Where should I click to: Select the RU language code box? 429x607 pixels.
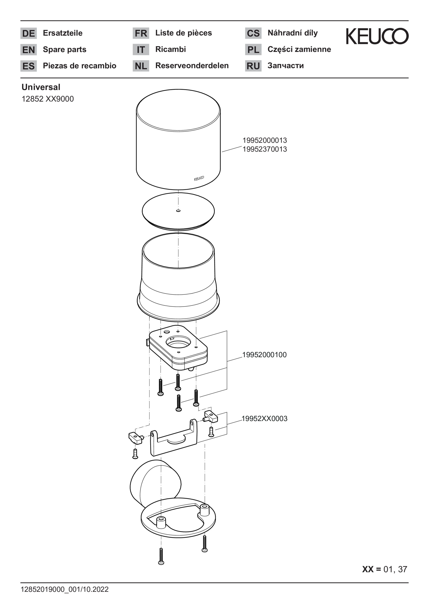click(x=253, y=66)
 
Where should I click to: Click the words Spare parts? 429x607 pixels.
click(x=65, y=49)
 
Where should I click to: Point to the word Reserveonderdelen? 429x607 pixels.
click(x=192, y=66)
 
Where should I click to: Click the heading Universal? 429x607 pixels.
click(x=41, y=87)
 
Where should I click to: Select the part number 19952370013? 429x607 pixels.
click(x=265, y=149)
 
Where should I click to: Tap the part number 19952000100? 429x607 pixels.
click(x=264, y=355)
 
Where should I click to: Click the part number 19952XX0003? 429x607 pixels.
click(x=264, y=419)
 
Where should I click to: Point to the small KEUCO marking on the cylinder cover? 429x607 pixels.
click(x=199, y=179)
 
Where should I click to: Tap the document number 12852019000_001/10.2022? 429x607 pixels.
click(x=65, y=589)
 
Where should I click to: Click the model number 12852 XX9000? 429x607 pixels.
click(x=48, y=99)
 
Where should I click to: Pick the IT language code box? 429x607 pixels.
click(x=141, y=49)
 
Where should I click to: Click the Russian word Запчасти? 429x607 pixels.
click(x=286, y=66)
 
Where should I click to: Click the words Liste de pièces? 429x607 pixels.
click(x=183, y=33)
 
